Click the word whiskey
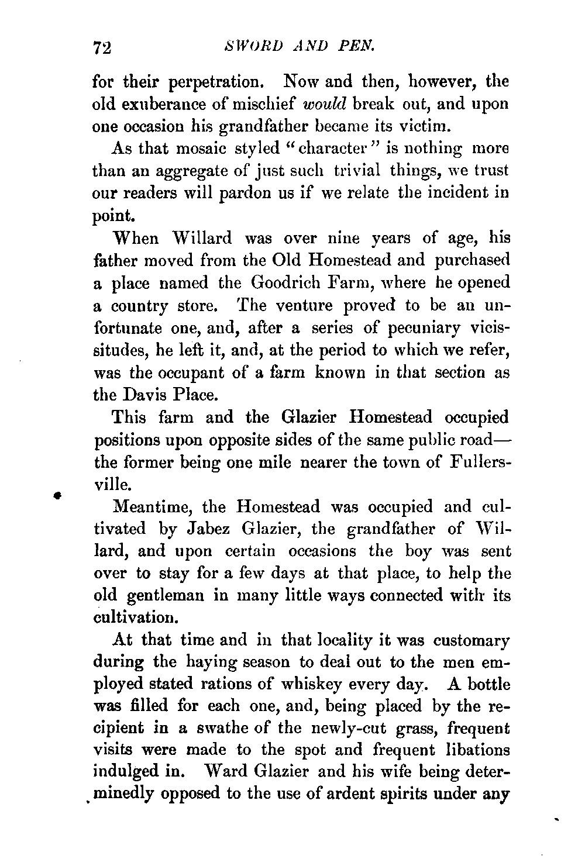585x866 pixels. (x=328, y=684)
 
